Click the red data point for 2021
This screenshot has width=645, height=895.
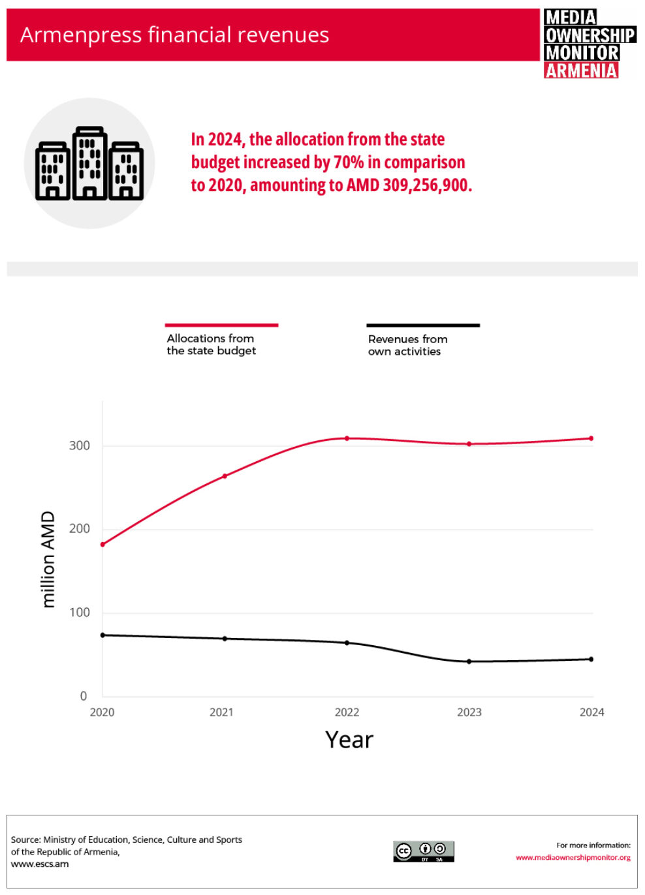pos(225,476)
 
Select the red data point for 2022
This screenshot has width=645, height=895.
pos(347,438)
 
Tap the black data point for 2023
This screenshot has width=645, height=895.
pos(469,661)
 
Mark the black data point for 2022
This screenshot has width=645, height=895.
pos(347,643)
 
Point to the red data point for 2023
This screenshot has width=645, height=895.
pos(469,444)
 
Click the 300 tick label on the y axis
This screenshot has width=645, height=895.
pos(80,446)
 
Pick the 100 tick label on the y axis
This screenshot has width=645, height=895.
pos(80,613)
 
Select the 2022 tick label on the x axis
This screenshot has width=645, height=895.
pos(347,712)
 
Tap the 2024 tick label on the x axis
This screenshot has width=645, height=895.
pos(591,712)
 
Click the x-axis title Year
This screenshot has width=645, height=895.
pos(349,740)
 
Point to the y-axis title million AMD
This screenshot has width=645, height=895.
pos(48,560)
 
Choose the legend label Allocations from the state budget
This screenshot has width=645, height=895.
pos(211,344)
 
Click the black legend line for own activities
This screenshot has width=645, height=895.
pos(423,325)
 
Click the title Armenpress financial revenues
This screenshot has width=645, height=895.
pos(174,35)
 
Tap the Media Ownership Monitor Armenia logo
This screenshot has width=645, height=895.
pos(589,43)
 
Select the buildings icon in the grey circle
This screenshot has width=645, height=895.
pos(89,164)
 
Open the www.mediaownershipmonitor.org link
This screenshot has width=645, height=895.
pos(573,857)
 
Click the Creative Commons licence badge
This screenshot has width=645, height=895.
pos(423,851)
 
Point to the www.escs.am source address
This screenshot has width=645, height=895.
pos(40,864)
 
